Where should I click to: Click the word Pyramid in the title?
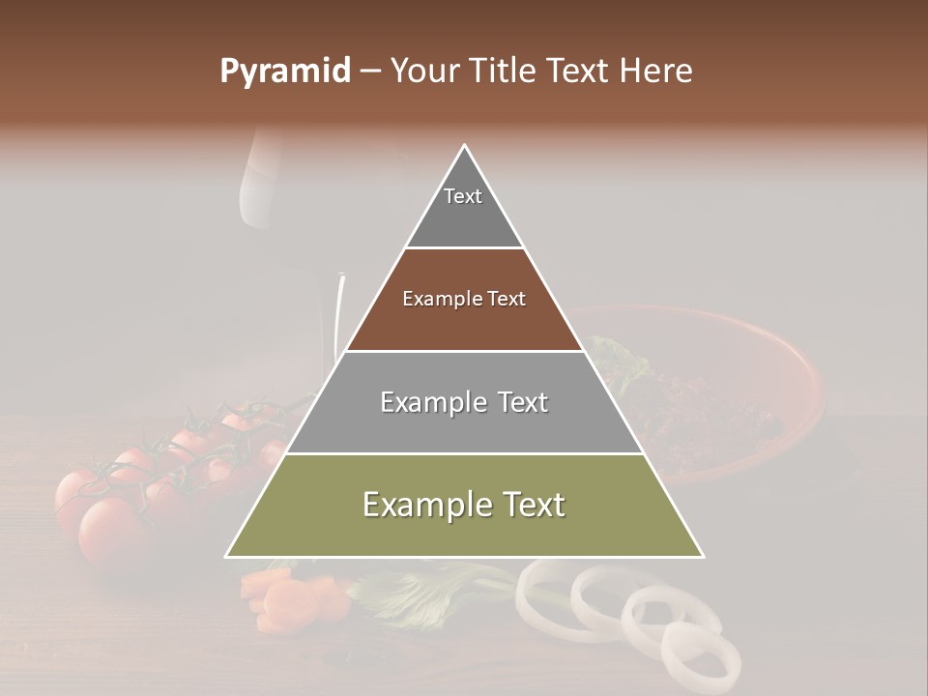pos(284,72)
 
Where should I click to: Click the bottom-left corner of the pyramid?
pos(228,556)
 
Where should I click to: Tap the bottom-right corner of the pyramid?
pos(702,556)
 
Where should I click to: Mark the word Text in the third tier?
pos(518,402)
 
